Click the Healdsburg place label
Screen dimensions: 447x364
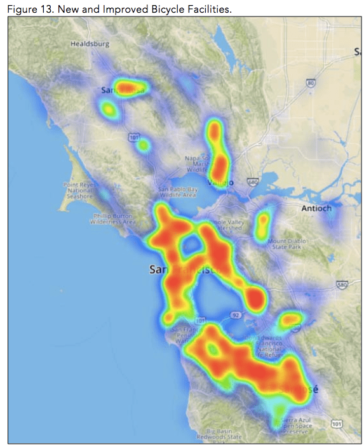(x=90, y=44)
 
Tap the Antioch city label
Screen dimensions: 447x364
(x=316, y=208)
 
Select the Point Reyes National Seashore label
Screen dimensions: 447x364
(x=79, y=190)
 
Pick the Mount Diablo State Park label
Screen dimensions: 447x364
(x=286, y=244)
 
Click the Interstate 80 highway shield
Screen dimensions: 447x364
(x=310, y=83)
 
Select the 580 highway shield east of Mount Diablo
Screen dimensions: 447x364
(x=342, y=285)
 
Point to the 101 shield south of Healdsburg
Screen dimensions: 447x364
(x=133, y=137)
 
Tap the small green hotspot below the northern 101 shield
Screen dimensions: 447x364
(x=144, y=146)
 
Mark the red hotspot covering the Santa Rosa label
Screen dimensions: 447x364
(x=130, y=87)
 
